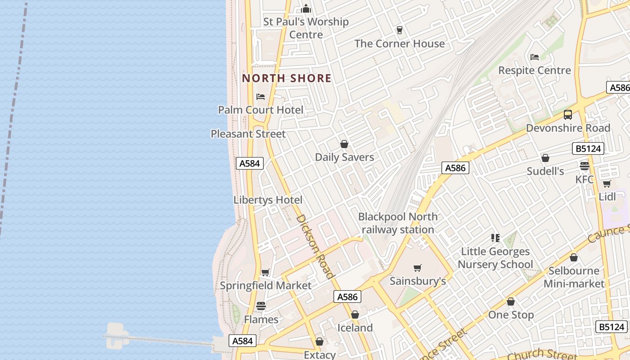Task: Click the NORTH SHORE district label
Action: [287, 78]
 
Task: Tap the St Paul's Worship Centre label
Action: [306, 28]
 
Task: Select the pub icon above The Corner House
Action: [399, 30]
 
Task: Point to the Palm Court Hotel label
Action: [261, 110]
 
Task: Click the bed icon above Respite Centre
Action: [535, 57]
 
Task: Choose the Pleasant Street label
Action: [248, 134]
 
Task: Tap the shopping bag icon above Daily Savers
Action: [344, 144]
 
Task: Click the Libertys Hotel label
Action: [268, 200]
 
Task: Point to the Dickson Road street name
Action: [315, 246]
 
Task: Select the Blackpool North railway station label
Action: [398, 223]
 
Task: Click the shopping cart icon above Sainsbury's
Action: [418, 268]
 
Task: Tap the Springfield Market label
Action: [265, 285]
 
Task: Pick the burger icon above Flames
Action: [261, 306]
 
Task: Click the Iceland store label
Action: [355, 328]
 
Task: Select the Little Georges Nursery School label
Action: [495, 258]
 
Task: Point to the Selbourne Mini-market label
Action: [574, 277]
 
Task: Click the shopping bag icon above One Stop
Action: [511, 301]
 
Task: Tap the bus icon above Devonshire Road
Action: [568, 115]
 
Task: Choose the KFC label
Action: [585, 179]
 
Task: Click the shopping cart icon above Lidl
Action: [607, 184]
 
